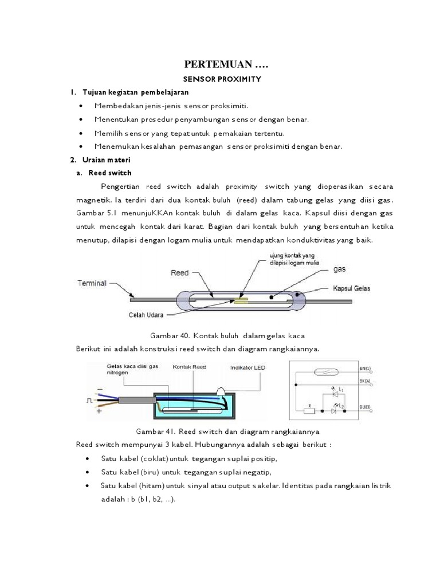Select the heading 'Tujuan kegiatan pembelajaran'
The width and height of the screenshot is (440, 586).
tap(135, 92)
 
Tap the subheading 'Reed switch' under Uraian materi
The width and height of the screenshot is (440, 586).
tap(111, 172)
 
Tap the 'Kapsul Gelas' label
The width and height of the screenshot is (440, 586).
tap(351, 288)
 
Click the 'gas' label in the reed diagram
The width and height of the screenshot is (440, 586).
tap(340, 268)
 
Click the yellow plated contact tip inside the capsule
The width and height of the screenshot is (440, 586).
tap(241, 299)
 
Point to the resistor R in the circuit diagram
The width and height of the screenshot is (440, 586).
tap(310, 410)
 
